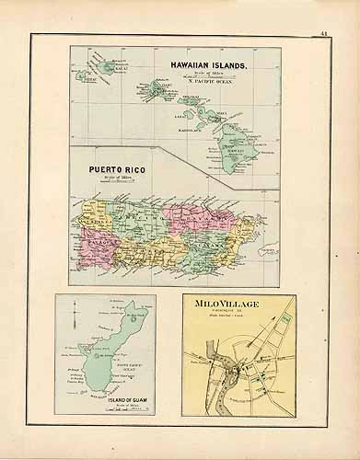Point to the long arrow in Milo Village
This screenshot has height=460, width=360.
259,333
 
